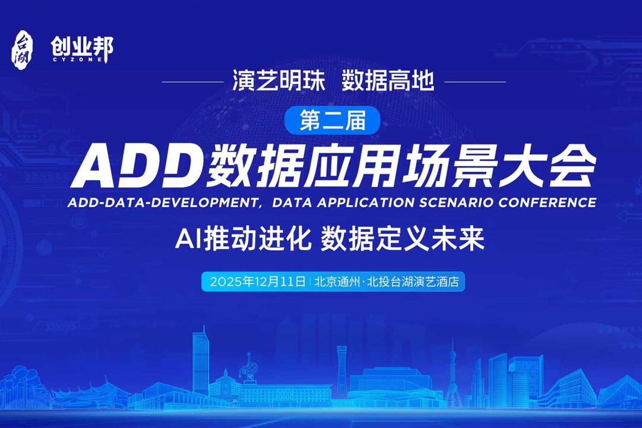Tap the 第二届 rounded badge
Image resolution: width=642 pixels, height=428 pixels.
pyautogui.click(x=332, y=121)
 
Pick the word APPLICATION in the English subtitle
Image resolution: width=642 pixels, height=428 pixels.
pyautogui.click(x=367, y=202)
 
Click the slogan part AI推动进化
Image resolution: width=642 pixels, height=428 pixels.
pyautogui.click(x=244, y=239)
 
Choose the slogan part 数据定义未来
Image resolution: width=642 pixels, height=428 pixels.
pyautogui.click(x=402, y=239)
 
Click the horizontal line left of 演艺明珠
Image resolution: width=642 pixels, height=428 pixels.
pyautogui.click(x=197, y=82)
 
